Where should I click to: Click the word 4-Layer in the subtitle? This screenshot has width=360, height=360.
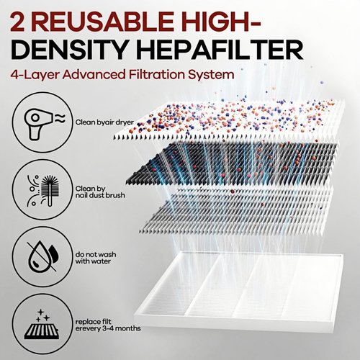(36, 75)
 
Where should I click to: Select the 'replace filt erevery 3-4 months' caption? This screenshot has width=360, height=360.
(108, 325)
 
